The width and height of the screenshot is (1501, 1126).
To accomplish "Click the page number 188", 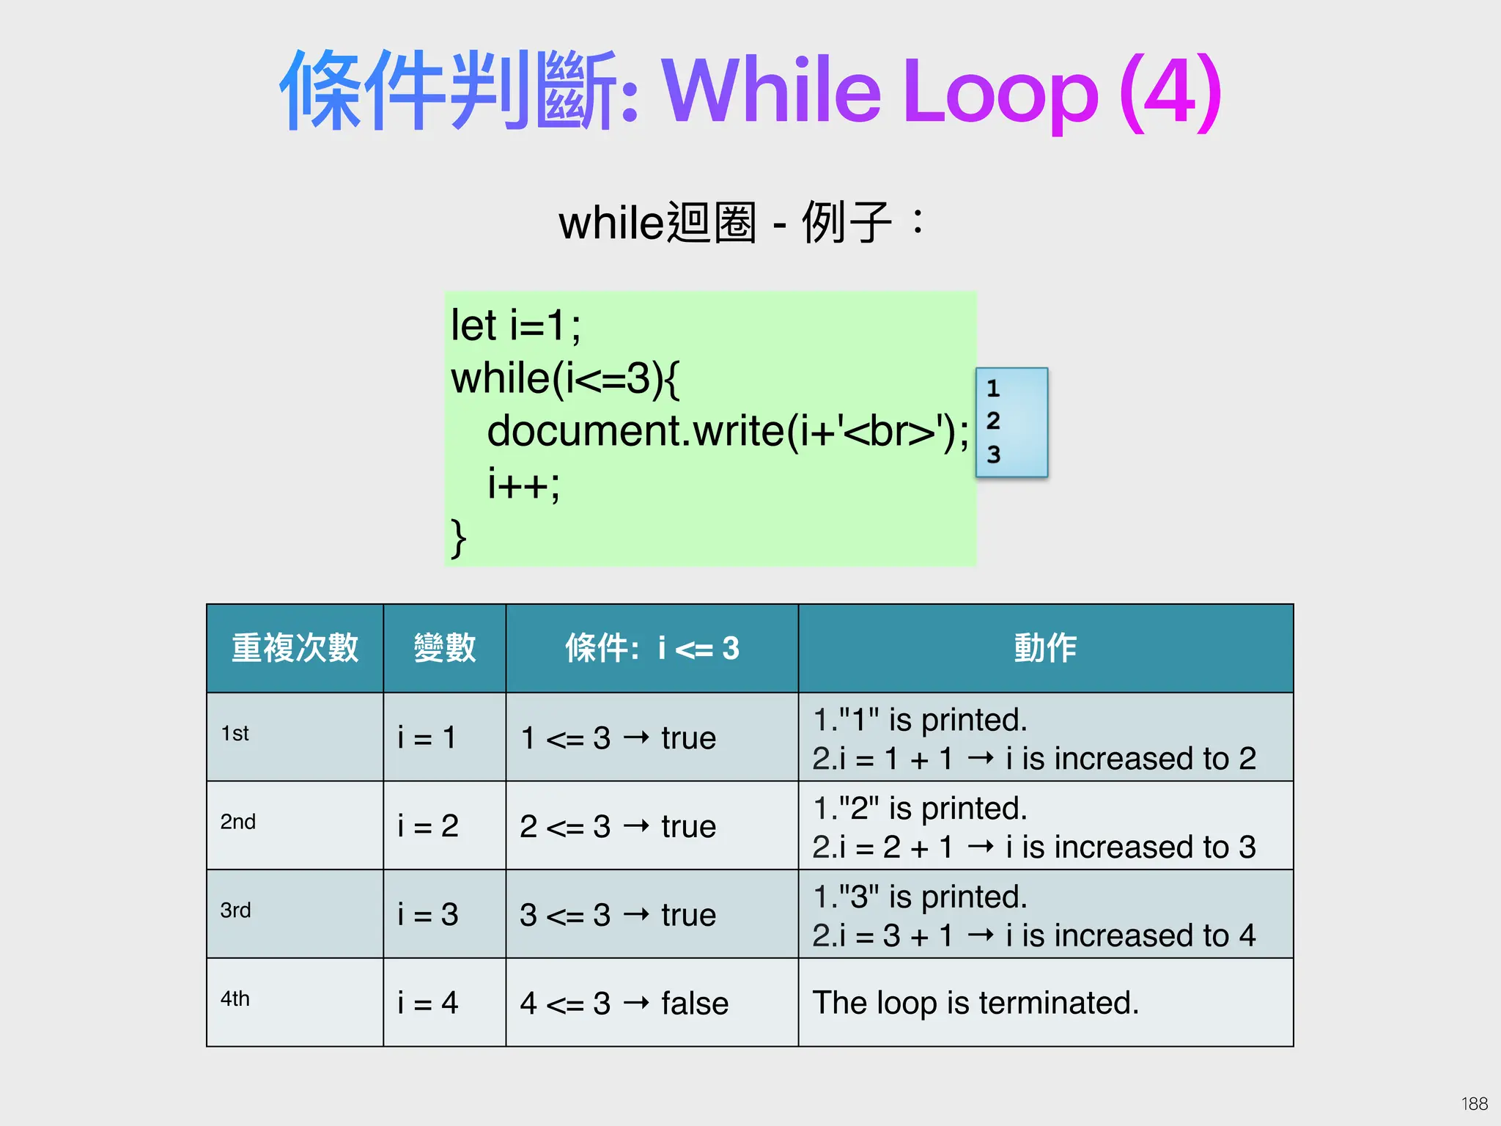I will point(1474,1103).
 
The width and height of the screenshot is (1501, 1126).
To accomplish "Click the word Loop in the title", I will point(1000,91).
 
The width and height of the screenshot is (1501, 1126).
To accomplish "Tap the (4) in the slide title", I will point(1170,91).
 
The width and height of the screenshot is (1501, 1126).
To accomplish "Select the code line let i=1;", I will point(515,325).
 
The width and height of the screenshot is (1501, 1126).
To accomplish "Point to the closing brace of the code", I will point(458,538).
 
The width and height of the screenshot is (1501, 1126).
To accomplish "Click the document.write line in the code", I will point(728,431).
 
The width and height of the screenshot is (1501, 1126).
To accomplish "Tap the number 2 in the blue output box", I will point(993,421).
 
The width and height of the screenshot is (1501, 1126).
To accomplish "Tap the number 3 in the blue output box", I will point(993,455).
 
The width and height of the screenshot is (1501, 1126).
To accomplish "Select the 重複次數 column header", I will point(295,648).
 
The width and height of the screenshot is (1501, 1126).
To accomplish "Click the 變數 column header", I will point(444,648).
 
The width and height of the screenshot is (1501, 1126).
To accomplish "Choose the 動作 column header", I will point(1045,648).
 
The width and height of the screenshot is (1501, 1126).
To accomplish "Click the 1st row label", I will point(235,734).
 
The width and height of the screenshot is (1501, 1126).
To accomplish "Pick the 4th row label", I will point(235,999).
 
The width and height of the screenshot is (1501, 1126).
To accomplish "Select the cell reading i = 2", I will point(428,826).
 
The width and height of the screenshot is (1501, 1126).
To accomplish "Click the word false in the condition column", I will point(695,1003).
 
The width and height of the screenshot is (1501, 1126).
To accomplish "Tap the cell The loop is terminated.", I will point(976,1002).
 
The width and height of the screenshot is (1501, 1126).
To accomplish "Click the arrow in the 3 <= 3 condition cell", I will point(636,914).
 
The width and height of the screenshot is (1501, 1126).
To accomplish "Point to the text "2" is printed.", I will point(921,808).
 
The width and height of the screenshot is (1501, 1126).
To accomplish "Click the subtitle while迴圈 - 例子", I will point(740,222).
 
